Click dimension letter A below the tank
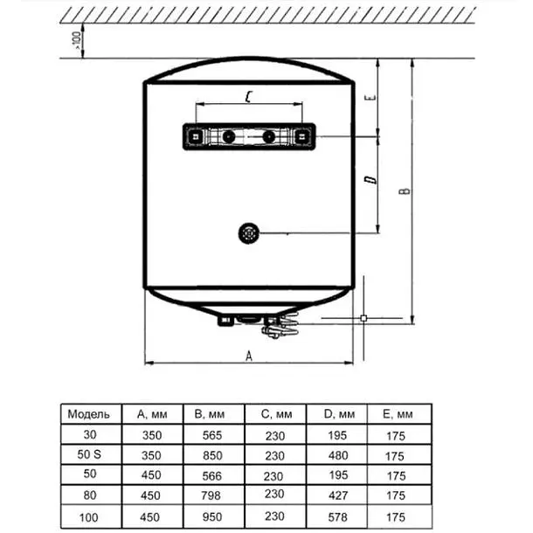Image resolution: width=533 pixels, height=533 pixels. click(x=249, y=355)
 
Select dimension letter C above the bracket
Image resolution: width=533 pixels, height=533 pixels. click(x=250, y=97)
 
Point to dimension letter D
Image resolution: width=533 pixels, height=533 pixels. click(x=370, y=182)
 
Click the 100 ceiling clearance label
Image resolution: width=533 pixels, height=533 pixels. click(x=77, y=38)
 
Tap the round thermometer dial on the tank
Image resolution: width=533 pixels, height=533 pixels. click(x=249, y=232)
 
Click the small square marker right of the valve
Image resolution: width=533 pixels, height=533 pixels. click(x=363, y=319)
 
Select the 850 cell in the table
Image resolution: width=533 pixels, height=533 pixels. click(x=211, y=455)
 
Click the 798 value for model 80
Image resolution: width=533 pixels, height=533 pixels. click(x=211, y=496)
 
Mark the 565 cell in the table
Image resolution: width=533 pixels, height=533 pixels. click(x=211, y=435)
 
